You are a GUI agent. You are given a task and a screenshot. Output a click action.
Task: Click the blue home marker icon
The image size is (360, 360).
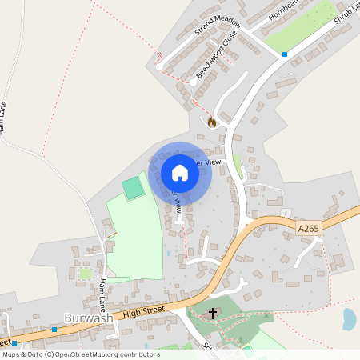pos(180,172)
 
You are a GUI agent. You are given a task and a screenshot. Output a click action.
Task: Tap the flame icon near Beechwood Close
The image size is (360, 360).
pos(212,122)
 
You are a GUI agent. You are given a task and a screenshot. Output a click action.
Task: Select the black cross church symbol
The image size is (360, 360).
pos(213,314)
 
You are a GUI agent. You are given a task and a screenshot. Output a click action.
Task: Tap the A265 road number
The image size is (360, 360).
pos(307,229)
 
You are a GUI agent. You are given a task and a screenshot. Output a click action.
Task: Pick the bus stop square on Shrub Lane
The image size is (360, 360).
pos(285,54)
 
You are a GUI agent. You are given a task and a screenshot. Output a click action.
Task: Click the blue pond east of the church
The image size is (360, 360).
pos(350,319)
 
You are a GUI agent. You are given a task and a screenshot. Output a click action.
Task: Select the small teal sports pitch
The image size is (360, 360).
pos(133,189)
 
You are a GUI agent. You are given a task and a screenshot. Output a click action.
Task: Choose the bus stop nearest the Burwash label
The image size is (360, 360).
pos(54,329)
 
